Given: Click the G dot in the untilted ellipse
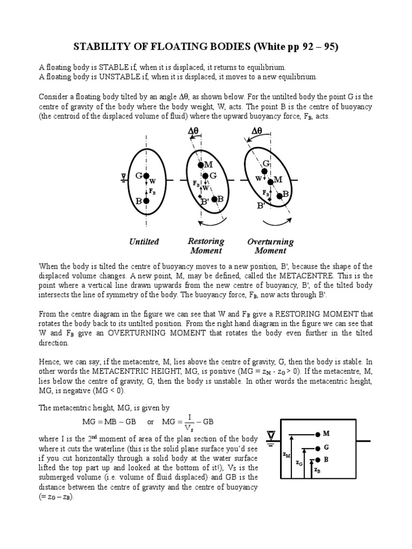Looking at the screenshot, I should pyautogui.click(x=146, y=175).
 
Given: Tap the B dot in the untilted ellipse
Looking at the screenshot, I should pyautogui.click(x=146, y=201).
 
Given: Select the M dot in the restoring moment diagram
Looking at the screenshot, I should pyautogui.click(x=199, y=164).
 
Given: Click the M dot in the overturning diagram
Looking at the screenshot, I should pyautogui.click(x=271, y=182).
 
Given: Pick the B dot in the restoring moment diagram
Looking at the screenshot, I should pyautogui.click(x=215, y=199).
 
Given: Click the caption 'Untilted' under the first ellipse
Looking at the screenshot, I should pyautogui.click(x=144, y=242).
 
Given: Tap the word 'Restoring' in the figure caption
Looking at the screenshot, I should pyautogui.click(x=206, y=241).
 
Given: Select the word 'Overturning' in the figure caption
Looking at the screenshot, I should pyautogui.click(x=270, y=242).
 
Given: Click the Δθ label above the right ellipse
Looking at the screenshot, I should pyautogui.click(x=257, y=130).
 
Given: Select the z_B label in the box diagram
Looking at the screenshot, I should pyautogui.click(x=317, y=470).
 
